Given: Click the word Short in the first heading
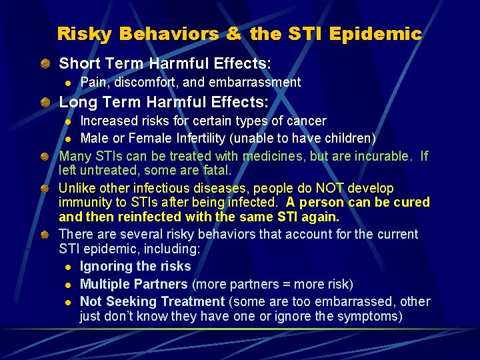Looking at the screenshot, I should [79, 64].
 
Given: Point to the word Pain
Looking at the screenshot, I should [93, 83].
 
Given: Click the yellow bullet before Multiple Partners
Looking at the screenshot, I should [68, 285].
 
